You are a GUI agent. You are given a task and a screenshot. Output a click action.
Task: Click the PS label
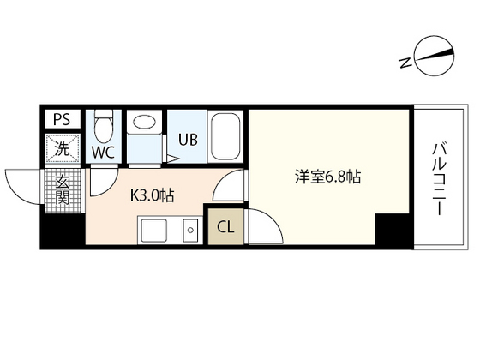(x=63, y=119)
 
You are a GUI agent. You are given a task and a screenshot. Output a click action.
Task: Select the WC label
(x=104, y=153)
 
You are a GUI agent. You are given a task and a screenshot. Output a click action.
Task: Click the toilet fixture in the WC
(x=104, y=129)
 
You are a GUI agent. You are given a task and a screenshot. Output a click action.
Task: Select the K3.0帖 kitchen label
(x=153, y=195)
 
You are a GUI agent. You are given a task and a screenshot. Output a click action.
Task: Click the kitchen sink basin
(x=156, y=230)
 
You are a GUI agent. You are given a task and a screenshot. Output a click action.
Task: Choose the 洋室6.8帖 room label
(x=328, y=178)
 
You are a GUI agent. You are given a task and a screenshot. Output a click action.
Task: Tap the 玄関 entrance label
(x=63, y=189)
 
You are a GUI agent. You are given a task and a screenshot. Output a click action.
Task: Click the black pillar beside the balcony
(x=393, y=231)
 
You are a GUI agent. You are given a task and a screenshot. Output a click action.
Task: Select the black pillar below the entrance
(x=63, y=230)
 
